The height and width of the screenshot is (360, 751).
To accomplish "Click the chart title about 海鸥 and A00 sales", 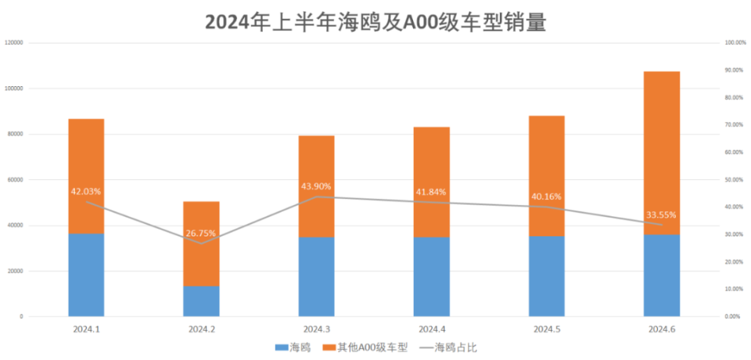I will point(375,22).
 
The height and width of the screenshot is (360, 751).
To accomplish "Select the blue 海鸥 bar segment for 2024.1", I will point(86,275).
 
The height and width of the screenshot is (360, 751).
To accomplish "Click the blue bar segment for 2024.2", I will point(201,301).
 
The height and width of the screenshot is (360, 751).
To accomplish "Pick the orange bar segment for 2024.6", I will point(662,153).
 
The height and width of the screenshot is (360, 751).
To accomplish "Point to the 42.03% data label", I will point(86,191).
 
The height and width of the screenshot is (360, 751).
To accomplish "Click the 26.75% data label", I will point(201,233).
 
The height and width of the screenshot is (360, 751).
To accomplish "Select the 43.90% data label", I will point(316,186).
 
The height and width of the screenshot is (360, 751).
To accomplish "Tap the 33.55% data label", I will point(662,215).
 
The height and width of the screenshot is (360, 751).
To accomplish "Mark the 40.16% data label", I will point(546,196).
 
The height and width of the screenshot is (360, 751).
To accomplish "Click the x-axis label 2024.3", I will point(316,329).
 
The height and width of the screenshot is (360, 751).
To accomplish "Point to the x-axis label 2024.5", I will point(546,329).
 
